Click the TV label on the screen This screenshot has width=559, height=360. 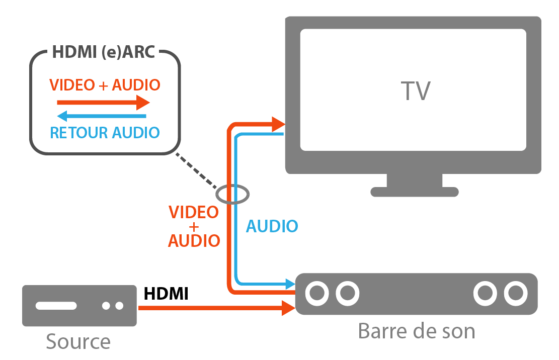coord(416,91)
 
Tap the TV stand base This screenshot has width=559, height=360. coord(415,192)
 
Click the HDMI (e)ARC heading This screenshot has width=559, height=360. coord(104,53)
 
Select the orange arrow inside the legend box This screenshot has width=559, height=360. coord(103,103)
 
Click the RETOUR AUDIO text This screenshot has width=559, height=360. coord(105,133)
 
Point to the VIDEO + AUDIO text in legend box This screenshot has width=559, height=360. coord(105,85)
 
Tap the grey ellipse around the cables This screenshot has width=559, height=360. coord(232,194)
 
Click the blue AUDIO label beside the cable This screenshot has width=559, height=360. coord(272,226)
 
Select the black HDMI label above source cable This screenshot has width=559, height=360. coord(166,294)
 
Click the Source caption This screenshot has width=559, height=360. coord(78,342)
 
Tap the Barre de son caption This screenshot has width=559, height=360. coord(416,331)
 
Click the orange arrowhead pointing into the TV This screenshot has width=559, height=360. coord(278,124)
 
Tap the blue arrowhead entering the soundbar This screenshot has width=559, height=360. coord(290,284)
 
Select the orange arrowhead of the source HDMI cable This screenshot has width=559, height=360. coord(288,308)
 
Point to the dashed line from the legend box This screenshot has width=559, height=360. coord(196,171)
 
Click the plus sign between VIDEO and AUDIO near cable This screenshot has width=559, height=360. coord(194,227)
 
